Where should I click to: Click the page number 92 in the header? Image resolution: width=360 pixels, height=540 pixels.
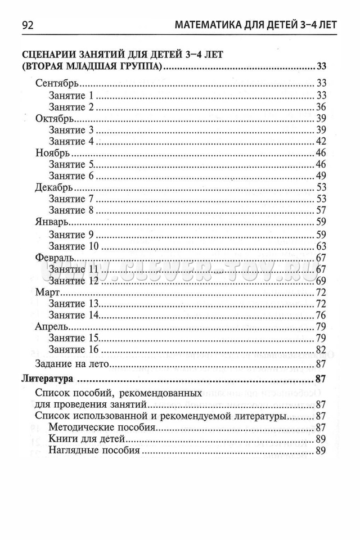tap(28, 25)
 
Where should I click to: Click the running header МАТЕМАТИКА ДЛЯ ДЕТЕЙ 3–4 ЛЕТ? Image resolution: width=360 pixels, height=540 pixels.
tap(256, 25)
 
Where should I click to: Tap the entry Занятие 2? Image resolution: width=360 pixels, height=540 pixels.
tap(71, 106)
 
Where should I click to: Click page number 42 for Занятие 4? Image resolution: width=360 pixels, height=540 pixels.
tap(321, 141)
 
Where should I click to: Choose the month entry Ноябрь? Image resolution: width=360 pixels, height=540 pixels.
tap(52, 153)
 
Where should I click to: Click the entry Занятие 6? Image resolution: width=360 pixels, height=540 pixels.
tap(71, 176)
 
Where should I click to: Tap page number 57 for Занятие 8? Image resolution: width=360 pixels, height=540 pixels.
tap(321, 210)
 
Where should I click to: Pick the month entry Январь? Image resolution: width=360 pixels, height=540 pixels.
tap(52, 222)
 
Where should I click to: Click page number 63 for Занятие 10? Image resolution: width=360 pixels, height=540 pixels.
tap(321, 246)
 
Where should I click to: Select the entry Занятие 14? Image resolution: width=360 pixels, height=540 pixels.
tap(74, 315)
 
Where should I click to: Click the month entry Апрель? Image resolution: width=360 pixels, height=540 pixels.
tap(52, 326)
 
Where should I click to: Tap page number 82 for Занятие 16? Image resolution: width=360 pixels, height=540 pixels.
tap(321, 350)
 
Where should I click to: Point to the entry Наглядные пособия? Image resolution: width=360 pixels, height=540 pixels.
tap(94, 451)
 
